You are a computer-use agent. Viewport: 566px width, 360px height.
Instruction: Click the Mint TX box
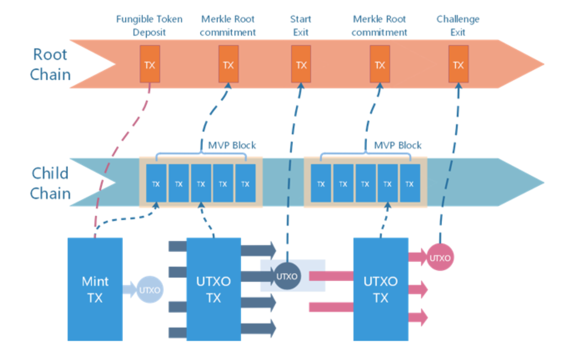(x=95, y=289)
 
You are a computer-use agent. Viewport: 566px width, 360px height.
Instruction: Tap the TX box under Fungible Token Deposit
(x=150, y=64)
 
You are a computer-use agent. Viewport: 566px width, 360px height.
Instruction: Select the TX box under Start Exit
(x=301, y=64)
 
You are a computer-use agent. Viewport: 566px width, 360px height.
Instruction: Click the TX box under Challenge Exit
(x=458, y=64)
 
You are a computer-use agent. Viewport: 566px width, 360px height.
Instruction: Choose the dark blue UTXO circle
(x=287, y=276)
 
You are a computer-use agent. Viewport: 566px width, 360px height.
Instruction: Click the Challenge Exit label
(x=458, y=26)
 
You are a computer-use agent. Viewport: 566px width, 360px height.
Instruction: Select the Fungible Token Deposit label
(x=149, y=26)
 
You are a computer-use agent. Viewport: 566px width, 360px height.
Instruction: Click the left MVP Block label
(x=232, y=145)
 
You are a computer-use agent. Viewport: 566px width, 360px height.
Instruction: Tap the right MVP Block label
(x=397, y=145)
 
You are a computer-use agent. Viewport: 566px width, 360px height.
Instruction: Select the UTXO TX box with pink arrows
(x=380, y=289)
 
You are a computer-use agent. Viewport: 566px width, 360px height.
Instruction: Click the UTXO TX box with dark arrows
(x=214, y=289)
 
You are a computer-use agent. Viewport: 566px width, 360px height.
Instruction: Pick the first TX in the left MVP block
(x=156, y=183)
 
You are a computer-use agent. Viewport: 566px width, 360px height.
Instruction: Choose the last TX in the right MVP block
(x=409, y=183)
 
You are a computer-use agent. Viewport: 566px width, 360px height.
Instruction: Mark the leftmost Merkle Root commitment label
(x=228, y=26)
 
